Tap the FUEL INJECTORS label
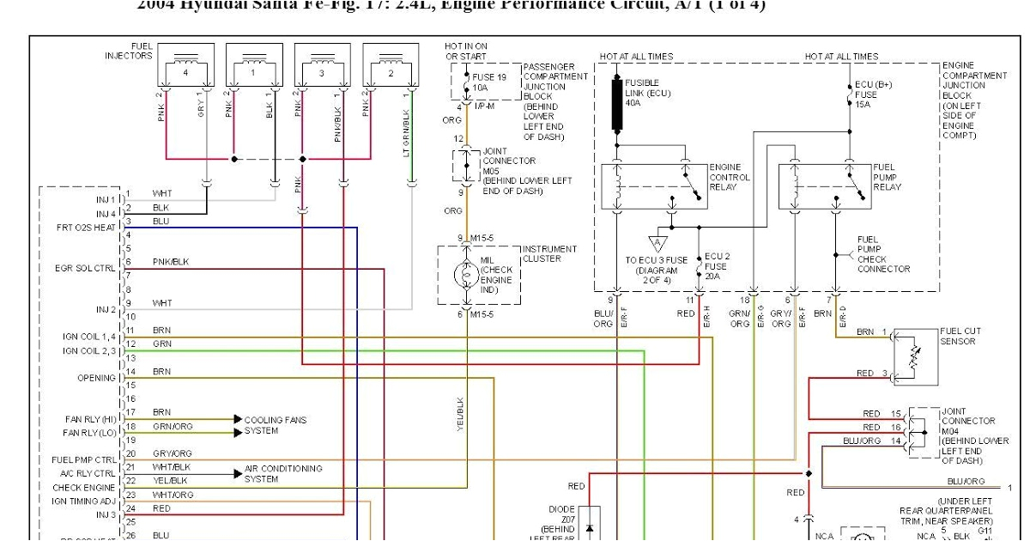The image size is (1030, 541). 129,51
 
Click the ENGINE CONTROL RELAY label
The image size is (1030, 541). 730,178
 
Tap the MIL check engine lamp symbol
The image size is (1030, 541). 467,275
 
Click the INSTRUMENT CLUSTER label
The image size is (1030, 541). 549,253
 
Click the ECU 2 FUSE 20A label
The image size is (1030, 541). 717,266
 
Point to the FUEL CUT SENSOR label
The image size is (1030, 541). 958,336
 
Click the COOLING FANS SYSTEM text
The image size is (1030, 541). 276,425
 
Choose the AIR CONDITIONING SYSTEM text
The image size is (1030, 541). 283,474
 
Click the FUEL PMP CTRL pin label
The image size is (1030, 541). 83,459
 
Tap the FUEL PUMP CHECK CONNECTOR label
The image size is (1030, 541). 883,254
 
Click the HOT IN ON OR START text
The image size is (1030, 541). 466,51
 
